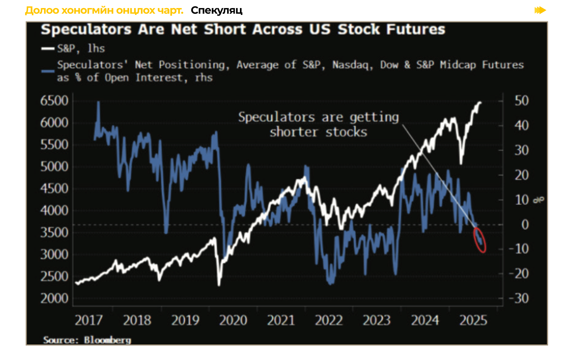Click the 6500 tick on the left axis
tap(54, 101)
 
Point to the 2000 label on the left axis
tap(54, 298)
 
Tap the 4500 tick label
tap(54, 188)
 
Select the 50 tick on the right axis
tap(522, 101)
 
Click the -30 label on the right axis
tap(519, 298)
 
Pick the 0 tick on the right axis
tap(525, 225)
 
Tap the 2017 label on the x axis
tap(89, 320)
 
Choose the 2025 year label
tap(473, 320)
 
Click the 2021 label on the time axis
tap(281, 320)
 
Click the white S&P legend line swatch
tap(48, 48)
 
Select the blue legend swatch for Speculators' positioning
tap(48, 71)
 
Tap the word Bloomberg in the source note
tap(107, 340)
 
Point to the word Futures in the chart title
tap(417, 29)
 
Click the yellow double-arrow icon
tap(540, 10)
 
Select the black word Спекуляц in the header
tap(216, 10)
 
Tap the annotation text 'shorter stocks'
tap(318, 132)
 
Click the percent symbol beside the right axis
tap(538, 200)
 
